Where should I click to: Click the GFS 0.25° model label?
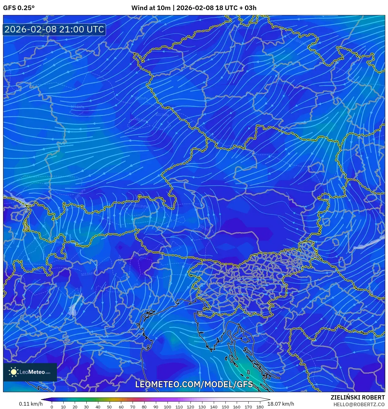click(19, 8)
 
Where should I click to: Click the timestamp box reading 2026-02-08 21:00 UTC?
click(54, 29)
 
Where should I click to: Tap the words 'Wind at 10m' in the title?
click(151, 8)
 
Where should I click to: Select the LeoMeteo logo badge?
click(30, 372)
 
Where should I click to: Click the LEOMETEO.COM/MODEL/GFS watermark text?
click(194, 384)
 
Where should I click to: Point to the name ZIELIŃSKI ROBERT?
click(357, 397)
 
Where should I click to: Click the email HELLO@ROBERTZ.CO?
click(359, 404)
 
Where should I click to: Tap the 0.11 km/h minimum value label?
click(31, 404)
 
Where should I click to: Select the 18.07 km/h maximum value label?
click(281, 404)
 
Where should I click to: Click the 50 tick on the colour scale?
click(109, 407)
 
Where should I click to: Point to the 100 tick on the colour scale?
click(167, 407)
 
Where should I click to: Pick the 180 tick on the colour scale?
click(260, 407)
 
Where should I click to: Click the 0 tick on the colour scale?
click(52, 407)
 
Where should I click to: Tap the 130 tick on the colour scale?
click(202, 407)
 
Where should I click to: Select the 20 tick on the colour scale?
click(75, 407)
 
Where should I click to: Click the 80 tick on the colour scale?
click(144, 407)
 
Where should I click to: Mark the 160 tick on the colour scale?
click(236, 407)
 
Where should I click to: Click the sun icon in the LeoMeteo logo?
click(14, 372)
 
